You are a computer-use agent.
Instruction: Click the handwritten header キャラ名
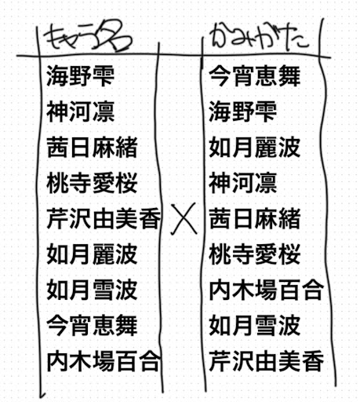point(88,37)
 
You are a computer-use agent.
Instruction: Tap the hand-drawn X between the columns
point(184,218)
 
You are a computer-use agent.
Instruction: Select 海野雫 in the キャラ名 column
point(81,76)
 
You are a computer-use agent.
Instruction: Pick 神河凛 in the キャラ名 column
point(81,111)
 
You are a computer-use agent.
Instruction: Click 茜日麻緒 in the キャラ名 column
point(92,148)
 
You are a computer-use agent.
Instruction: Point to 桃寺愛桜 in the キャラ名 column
point(92,183)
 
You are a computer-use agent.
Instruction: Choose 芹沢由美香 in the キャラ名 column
point(104,218)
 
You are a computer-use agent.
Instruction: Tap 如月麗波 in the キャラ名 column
point(92,254)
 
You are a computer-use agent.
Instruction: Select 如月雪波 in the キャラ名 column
point(92,290)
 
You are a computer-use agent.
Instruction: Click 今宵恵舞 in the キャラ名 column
point(92,325)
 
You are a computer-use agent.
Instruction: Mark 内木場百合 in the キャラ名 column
point(104,361)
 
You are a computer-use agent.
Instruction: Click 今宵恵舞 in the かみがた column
point(255,76)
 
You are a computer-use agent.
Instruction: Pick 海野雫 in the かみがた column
point(243,111)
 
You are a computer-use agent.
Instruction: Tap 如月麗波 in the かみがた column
point(255,148)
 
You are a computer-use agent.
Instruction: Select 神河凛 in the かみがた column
point(243,183)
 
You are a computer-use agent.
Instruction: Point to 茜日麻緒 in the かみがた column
point(255,218)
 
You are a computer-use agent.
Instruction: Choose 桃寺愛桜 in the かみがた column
point(255,254)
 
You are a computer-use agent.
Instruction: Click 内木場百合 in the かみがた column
point(267,290)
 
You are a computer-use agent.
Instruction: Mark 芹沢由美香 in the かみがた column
point(267,361)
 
